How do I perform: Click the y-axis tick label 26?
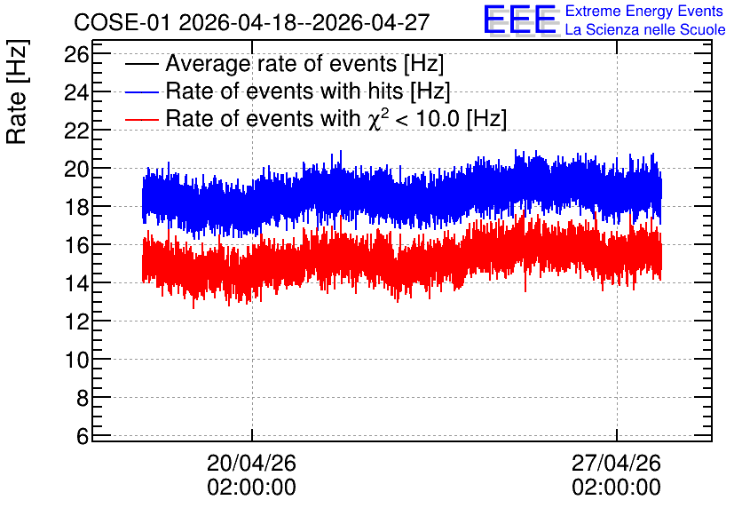pyautogui.click(x=76, y=55)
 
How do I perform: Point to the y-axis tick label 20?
pyautogui.click(x=76, y=170)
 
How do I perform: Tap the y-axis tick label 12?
pyautogui.click(x=76, y=321)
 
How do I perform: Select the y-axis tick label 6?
pyautogui.click(x=83, y=436)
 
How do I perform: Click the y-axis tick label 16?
pyautogui.click(x=76, y=246)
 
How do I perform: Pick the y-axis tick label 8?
pyautogui.click(x=83, y=399)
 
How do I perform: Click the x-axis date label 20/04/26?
pyautogui.click(x=251, y=463)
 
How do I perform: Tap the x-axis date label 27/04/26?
pyautogui.click(x=616, y=463)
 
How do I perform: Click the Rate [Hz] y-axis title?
pyautogui.click(x=17, y=91)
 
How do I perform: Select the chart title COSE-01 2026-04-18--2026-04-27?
pyautogui.click(x=252, y=22)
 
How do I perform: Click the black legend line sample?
pyautogui.click(x=141, y=64)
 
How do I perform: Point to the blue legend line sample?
pyautogui.click(x=141, y=91)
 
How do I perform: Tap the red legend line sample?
pyautogui.click(x=141, y=119)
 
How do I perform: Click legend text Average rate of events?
pyautogui.click(x=281, y=64)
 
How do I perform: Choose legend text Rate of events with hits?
pyautogui.click(x=284, y=91)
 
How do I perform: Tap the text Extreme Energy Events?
pyautogui.click(x=644, y=11)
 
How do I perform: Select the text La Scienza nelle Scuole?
pyautogui.click(x=645, y=29)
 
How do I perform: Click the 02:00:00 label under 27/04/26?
pyautogui.click(x=616, y=488)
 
